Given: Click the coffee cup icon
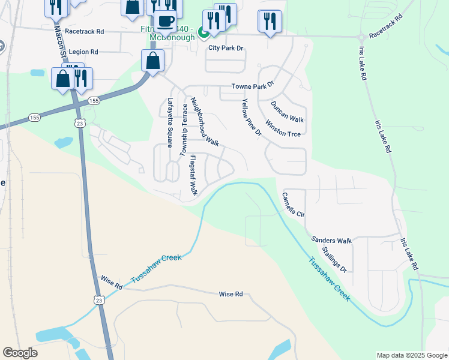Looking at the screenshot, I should tap(165, 21).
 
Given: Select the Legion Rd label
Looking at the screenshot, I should tap(83, 52).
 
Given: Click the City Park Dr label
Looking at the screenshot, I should tap(226, 47).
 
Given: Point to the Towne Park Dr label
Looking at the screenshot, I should tap(253, 86).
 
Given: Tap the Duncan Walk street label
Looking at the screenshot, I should tap(287, 112).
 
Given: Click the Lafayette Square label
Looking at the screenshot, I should tap(170, 122).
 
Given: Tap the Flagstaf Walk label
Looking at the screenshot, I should tap(193, 176).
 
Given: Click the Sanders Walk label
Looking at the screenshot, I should tap(331, 240).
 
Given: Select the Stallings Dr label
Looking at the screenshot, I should tap(334, 259).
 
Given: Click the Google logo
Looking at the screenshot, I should tap(20, 353).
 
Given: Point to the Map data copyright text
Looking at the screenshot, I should tap(411, 355).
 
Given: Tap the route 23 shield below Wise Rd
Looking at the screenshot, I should tap(98, 299).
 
